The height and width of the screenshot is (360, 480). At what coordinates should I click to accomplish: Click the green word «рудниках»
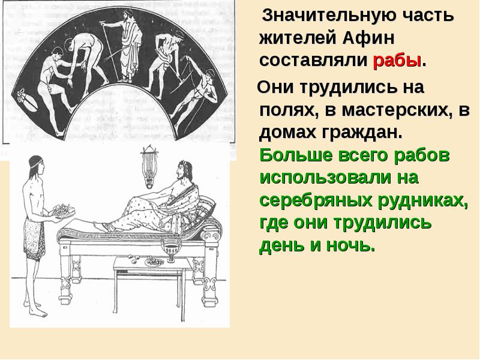(425, 200)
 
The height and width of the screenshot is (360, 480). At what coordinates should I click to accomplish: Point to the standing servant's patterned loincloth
(34, 238)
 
